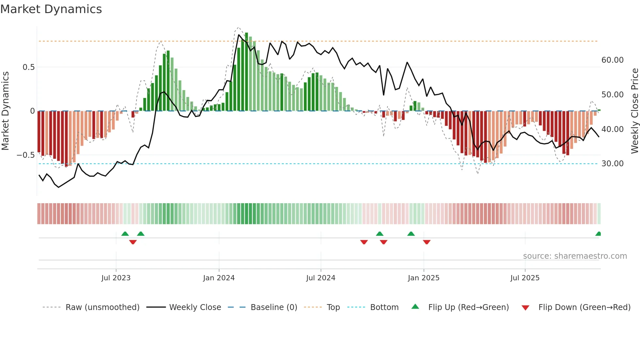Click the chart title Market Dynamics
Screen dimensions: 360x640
click(x=51, y=9)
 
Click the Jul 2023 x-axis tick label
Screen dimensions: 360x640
click(x=116, y=278)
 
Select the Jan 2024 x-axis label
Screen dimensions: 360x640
click(x=219, y=278)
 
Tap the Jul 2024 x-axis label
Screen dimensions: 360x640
click(x=321, y=278)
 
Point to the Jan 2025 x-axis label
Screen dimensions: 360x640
click(x=424, y=278)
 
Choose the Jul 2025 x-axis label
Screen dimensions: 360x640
click(x=525, y=278)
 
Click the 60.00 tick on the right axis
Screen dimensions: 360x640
click(x=613, y=60)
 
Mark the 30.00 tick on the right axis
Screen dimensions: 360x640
click(x=613, y=164)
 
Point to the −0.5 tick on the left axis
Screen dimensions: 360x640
click(x=26, y=155)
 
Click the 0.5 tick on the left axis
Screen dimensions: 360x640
click(x=29, y=67)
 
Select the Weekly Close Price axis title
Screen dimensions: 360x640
click(x=635, y=111)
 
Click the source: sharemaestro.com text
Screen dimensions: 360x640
click(x=575, y=256)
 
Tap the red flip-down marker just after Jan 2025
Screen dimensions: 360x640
click(x=427, y=242)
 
